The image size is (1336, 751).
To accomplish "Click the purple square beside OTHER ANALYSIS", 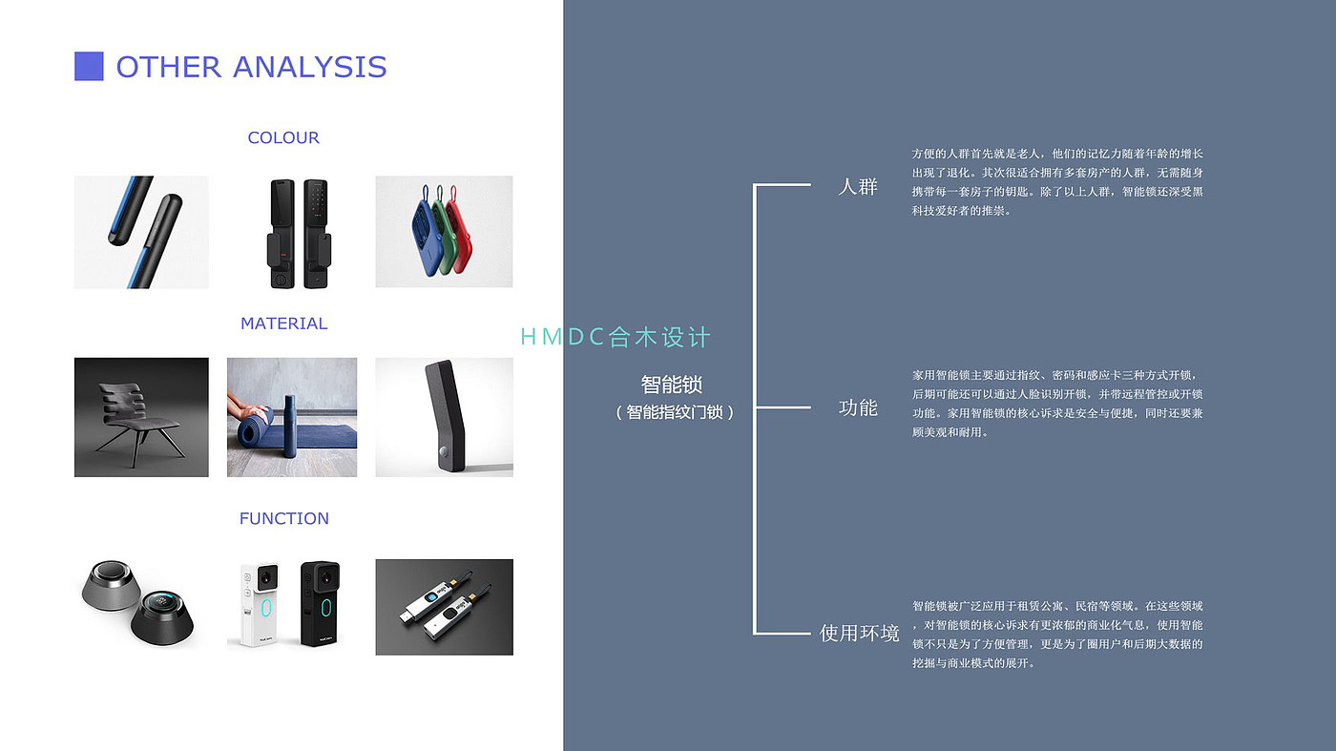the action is (x=89, y=66).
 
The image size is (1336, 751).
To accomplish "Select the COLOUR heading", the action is (x=283, y=137).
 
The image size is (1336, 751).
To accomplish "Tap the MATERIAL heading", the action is (x=283, y=323).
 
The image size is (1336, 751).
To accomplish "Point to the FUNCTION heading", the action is (x=283, y=518).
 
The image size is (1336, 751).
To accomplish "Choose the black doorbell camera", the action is (x=321, y=603).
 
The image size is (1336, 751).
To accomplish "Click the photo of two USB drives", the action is (x=444, y=607).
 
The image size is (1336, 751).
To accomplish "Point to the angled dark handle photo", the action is (x=444, y=417).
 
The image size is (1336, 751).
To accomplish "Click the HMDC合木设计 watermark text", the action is (x=616, y=337).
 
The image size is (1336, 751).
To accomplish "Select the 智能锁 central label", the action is (x=672, y=385).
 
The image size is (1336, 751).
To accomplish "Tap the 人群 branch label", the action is (x=857, y=186).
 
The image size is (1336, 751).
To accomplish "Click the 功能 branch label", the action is (x=857, y=407).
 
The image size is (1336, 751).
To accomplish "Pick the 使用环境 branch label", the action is (x=859, y=633).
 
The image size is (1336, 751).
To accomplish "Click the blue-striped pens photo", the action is (x=141, y=232).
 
